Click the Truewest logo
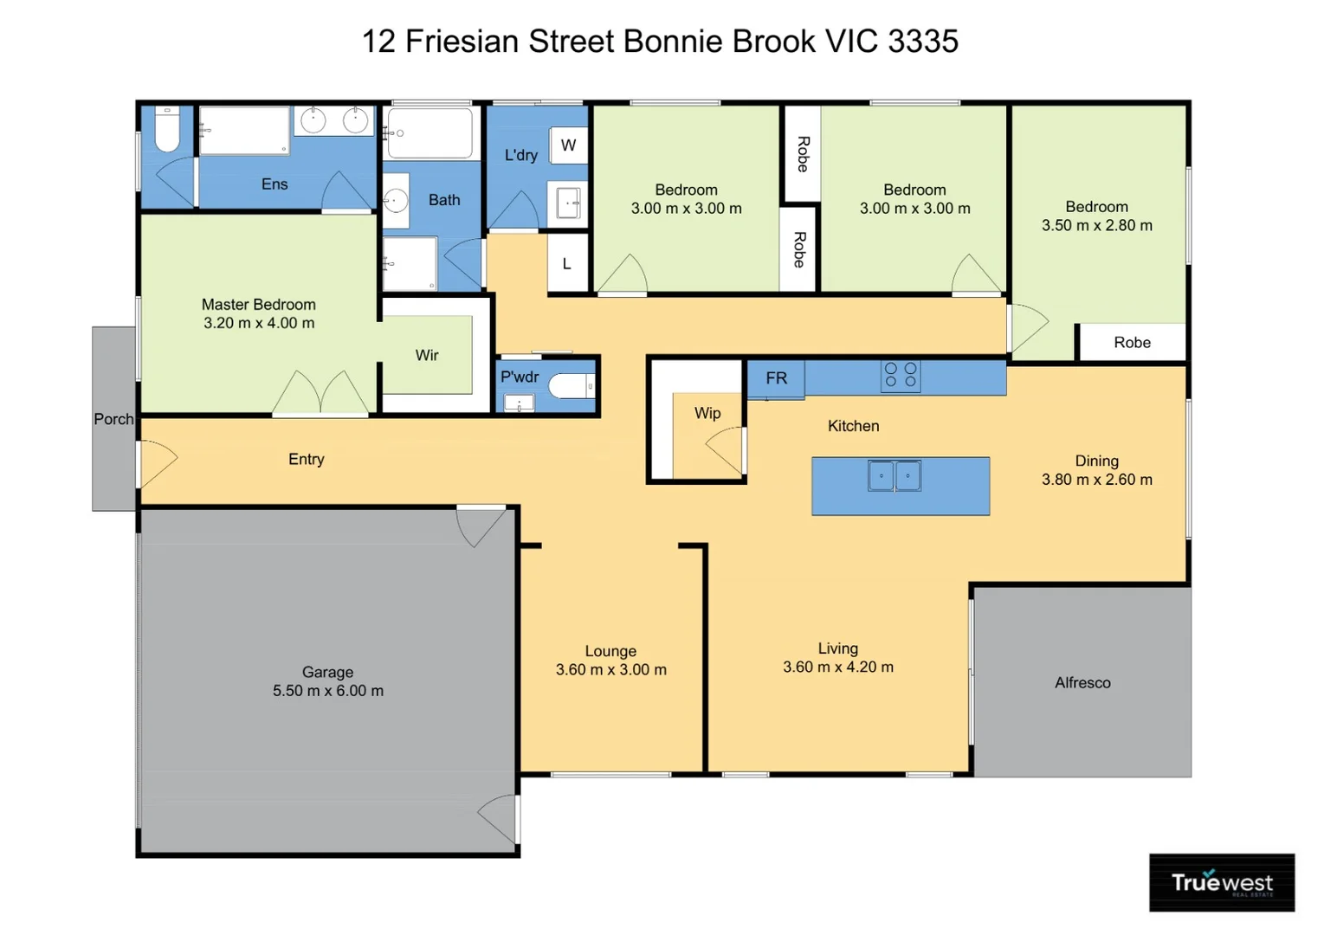click(1221, 882)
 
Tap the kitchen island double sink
click(895, 476)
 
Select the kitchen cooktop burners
click(901, 376)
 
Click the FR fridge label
click(776, 378)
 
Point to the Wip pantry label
click(707, 413)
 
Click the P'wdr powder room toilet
click(572, 386)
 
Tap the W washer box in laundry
click(568, 145)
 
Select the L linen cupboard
click(567, 264)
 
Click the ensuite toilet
click(166, 132)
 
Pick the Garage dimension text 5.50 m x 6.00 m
click(327, 691)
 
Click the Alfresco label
click(1082, 683)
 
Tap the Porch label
click(113, 419)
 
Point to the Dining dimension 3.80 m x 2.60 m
click(1096, 480)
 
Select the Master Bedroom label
click(258, 305)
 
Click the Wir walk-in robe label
click(427, 355)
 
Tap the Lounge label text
click(610, 651)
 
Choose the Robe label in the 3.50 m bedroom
click(1132, 343)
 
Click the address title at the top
click(660, 41)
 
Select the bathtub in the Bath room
click(430, 132)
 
